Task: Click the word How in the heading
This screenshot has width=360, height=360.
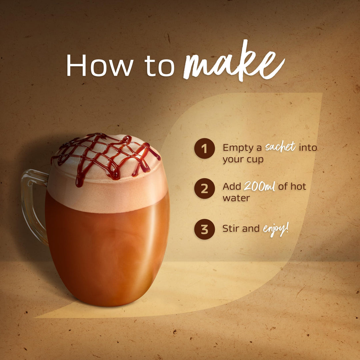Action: (100, 65)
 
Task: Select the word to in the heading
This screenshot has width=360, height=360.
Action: (159, 66)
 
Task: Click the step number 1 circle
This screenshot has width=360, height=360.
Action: (205, 148)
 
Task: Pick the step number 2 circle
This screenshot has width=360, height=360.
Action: (205, 188)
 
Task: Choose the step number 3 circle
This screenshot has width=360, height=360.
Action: (205, 229)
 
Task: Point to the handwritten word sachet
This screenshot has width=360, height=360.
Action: (280, 147)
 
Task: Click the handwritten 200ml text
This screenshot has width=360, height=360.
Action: (259, 186)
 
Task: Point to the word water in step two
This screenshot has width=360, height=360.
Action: (236, 198)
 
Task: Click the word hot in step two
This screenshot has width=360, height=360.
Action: (298, 186)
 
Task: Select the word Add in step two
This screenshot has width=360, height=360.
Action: (232, 186)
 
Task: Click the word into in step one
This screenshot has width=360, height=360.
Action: (308, 148)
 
